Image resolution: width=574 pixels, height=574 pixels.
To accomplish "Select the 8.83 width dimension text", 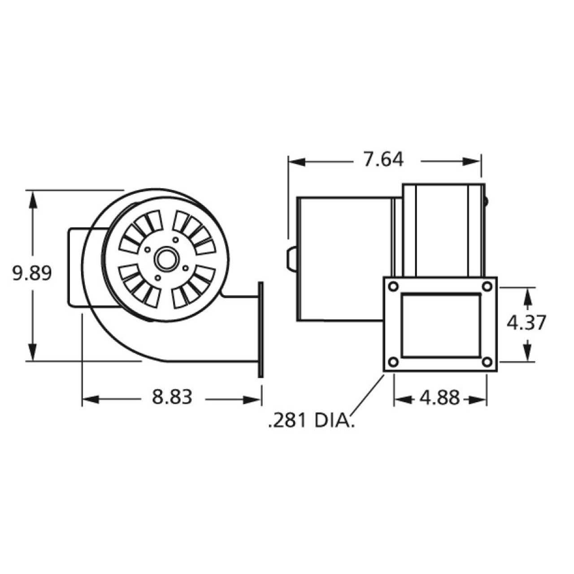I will tap(172, 397).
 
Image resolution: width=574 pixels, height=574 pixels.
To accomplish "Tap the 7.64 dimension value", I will tap(383, 160).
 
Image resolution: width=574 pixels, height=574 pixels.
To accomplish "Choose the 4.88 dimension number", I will tap(439, 398).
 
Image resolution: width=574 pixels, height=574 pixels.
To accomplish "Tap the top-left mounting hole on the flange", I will tap(393, 286).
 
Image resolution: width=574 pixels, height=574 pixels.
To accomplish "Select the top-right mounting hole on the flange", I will tap(487, 286).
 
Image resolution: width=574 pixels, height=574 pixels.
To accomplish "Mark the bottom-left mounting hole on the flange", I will tap(393, 362).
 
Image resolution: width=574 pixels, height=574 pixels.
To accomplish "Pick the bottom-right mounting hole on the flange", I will tap(487, 362).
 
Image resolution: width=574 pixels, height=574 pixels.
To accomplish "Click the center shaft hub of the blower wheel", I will tap(164, 259).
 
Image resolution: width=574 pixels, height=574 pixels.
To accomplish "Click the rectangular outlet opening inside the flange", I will tap(439, 324).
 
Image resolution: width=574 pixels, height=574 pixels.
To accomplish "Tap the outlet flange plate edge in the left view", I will tap(260, 330).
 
